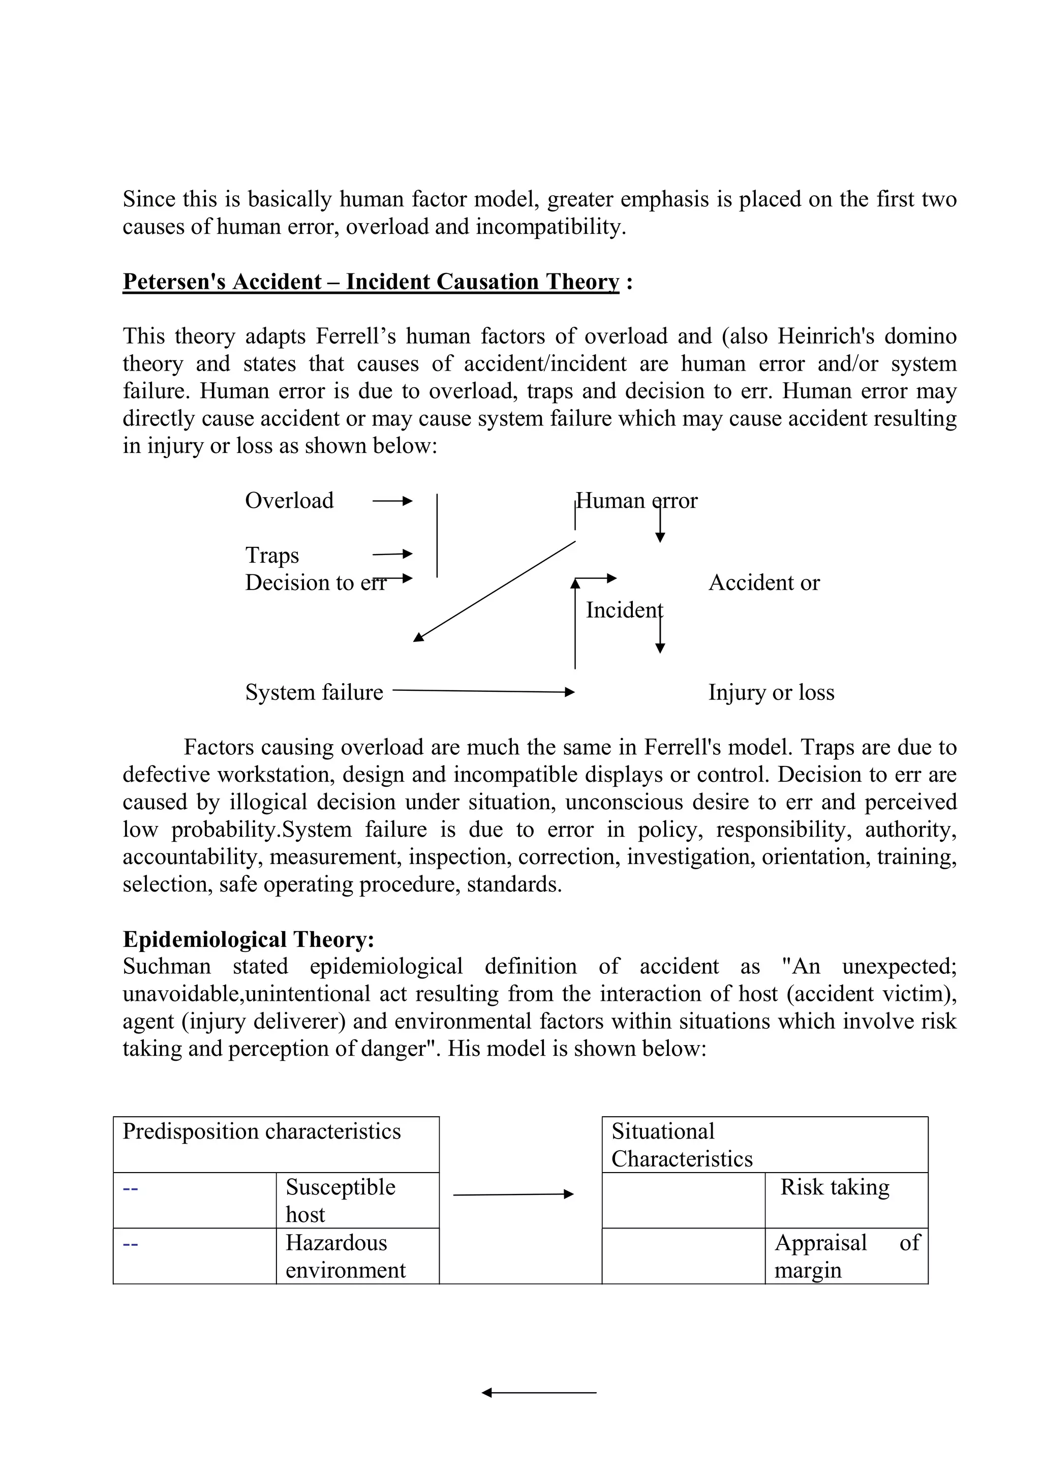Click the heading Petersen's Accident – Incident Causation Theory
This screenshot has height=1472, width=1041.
[x=371, y=282]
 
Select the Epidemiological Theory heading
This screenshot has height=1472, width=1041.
[x=248, y=939]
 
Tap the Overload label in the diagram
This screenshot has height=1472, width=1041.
[x=289, y=501]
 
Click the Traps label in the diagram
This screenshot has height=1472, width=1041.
[x=272, y=555]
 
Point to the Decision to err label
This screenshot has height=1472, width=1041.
[x=315, y=583]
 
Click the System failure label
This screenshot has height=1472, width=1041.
[x=314, y=692]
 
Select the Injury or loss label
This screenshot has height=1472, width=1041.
[x=771, y=692]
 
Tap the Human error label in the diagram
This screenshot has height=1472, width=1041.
[x=636, y=501]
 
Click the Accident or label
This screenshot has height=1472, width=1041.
[x=763, y=583]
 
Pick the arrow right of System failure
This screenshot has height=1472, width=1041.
[x=483, y=691]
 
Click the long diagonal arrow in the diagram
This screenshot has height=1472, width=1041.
[x=494, y=591]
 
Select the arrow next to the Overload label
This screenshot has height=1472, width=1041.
[x=392, y=501]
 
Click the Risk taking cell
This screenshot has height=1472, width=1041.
[x=835, y=1187]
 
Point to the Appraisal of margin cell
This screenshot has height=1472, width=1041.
[x=846, y=1256]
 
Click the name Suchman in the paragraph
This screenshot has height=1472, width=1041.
[x=167, y=967]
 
